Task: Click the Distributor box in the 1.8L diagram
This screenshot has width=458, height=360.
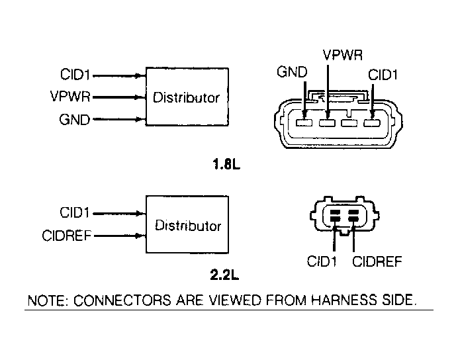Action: [187, 98]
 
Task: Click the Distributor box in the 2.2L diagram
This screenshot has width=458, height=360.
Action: [187, 224]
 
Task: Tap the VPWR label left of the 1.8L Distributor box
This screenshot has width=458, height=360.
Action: [69, 97]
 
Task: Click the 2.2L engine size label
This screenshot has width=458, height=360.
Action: [224, 271]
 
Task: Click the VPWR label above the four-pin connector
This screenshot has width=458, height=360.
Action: [342, 54]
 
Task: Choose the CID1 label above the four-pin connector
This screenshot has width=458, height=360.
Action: [383, 75]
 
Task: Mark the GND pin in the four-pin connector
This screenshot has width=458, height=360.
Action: [304, 122]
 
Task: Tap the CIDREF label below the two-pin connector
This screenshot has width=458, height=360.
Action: [377, 262]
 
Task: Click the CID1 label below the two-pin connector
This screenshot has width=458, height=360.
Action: [322, 262]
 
